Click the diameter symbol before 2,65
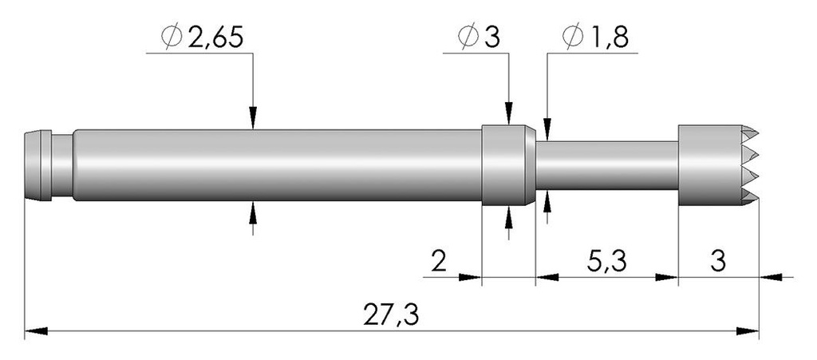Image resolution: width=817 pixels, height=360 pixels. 171,38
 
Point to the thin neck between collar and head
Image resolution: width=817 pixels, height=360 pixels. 606,164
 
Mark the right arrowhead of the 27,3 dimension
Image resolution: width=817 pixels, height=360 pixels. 748,329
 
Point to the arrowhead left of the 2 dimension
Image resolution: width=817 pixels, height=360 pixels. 472,278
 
